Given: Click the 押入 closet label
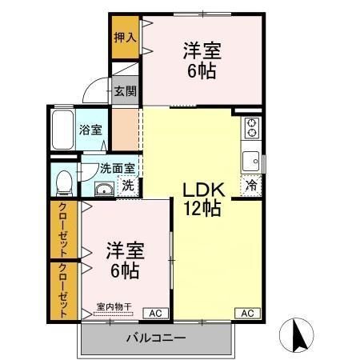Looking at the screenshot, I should pyautogui.click(x=124, y=37).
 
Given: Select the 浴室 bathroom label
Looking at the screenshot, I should pyautogui.click(x=90, y=130).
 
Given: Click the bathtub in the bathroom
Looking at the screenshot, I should pyautogui.click(x=62, y=131).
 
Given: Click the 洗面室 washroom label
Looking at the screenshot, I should pyautogui.click(x=117, y=169).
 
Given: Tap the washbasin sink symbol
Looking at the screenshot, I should pyautogui.click(x=103, y=189).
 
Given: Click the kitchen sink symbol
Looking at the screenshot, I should pyautogui.click(x=251, y=158).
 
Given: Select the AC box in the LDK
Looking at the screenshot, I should pyautogui.click(x=246, y=313).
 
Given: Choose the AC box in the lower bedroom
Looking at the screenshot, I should pyautogui.click(x=155, y=313).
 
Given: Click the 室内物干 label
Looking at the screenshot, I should pyautogui.click(x=113, y=305).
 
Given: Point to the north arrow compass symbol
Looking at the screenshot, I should pyautogui.click(x=297, y=336).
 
